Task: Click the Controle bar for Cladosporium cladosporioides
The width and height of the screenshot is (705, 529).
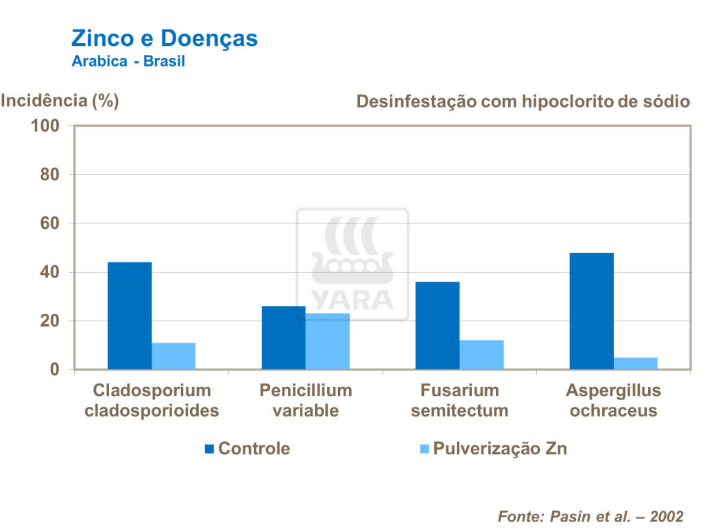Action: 130,316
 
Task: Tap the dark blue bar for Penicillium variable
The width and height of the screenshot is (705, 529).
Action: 283,338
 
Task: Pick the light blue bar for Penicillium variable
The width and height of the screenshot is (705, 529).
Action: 327,341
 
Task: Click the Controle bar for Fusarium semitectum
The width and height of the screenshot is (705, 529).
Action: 438,325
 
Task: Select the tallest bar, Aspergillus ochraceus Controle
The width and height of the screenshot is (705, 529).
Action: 591,311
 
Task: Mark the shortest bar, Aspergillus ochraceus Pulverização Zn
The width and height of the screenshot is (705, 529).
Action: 636,363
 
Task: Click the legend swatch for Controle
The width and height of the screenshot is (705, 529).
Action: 210,450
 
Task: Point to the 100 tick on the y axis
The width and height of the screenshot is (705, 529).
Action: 46,126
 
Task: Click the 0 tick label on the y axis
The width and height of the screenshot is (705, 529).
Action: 55,370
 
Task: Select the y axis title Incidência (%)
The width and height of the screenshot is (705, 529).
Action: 60,101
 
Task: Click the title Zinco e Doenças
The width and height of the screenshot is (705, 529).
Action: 165,38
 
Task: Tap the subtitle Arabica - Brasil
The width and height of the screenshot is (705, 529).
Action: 128,61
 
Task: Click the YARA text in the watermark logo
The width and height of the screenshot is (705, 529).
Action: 352,299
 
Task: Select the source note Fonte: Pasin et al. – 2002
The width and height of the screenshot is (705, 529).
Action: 590,516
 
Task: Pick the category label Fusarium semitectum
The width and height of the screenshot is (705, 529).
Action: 459,400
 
